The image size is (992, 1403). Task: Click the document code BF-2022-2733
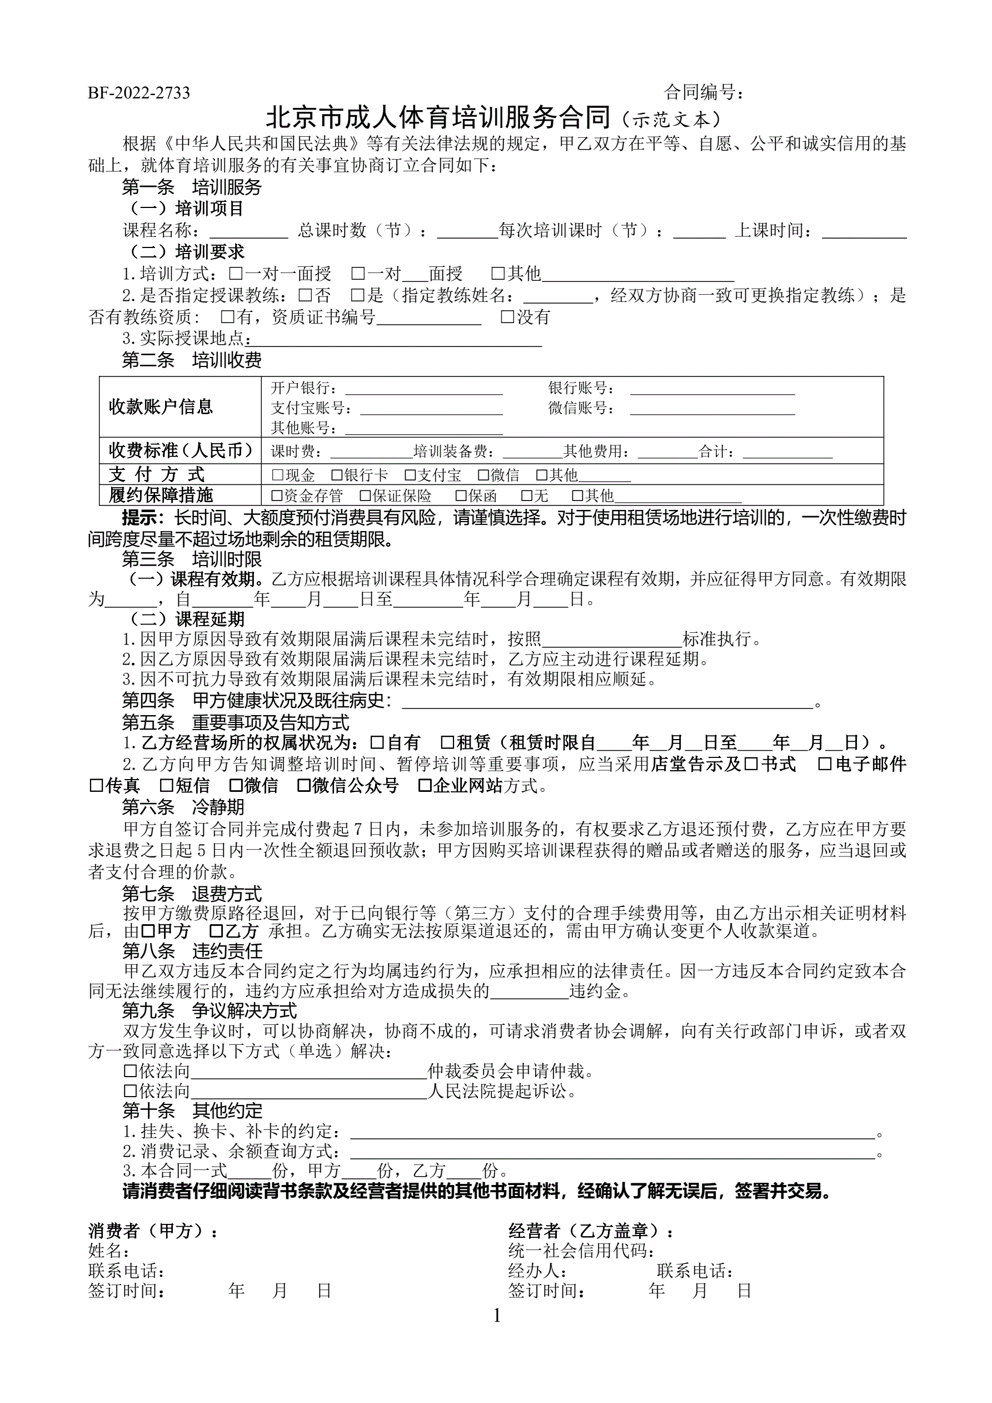point(139,93)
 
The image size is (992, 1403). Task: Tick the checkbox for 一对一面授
point(235,273)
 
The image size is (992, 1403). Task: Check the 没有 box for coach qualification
point(507,316)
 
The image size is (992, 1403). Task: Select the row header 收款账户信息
point(161,406)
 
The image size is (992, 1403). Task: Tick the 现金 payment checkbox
point(277,475)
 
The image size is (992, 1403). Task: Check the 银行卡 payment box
point(337,475)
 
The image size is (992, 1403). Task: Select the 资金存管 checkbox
point(277,495)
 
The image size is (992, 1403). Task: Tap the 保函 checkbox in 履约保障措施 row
point(461,495)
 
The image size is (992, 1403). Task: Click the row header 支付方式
point(157,474)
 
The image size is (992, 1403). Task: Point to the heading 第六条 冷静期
point(183,807)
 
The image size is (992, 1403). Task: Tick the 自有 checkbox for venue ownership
point(377,742)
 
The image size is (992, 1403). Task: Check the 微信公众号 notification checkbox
point(303,785)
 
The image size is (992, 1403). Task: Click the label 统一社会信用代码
point(580,1251)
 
